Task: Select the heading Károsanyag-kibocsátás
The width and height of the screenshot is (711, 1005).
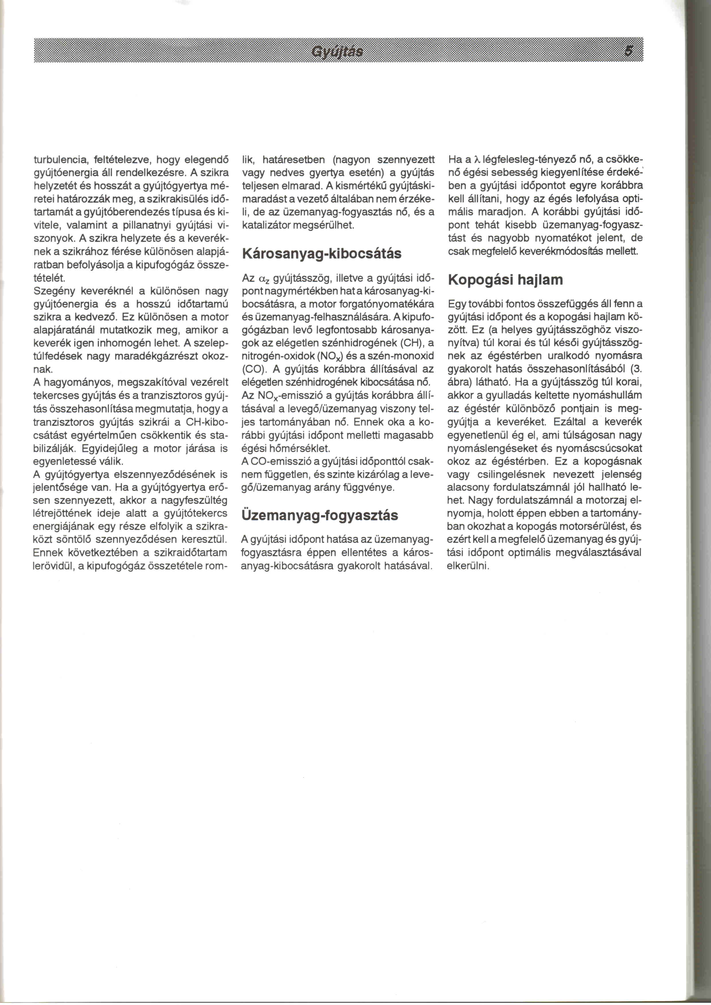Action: pyautogui.click(x=321, y=254)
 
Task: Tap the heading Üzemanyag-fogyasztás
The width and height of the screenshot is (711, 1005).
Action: pyautogui.click(x=320, y=515)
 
